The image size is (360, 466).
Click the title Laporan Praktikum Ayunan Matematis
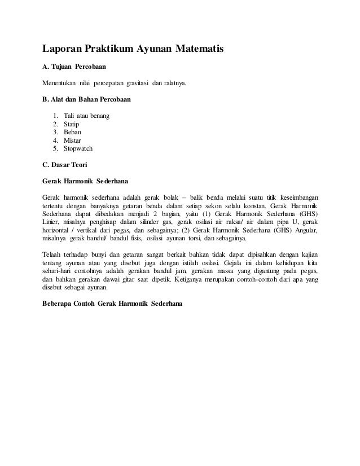pyautogui.click(x=134, y=50)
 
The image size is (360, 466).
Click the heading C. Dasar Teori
pyautogui.click(x=65, y=166)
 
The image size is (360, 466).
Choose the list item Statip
pyautogui.click(x=72, y=124)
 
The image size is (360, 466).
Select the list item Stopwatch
pyautogui.click(x=78, y=148)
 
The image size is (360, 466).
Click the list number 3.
pyautogui.click(x=54, y=132)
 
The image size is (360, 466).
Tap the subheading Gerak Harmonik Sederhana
pyautogui.click(x=85, y=182)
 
